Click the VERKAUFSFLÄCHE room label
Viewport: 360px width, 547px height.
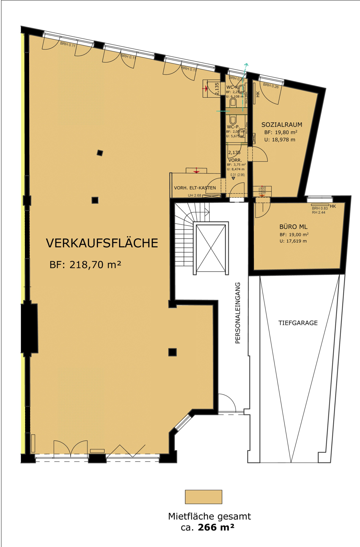point(102,243)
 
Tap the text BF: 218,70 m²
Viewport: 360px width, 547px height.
point(85,265)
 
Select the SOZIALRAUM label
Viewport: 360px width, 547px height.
point(281,125)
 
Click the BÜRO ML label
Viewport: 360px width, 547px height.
point(293,227)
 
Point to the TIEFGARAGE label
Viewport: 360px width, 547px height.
point(298,323)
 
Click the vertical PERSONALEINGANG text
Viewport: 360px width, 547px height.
point(238,313)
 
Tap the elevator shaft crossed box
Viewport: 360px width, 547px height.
point(211,248)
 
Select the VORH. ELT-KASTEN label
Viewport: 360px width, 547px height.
point(195,188)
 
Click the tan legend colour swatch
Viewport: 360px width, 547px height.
point(203,497)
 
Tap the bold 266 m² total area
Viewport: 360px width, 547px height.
point(216,527)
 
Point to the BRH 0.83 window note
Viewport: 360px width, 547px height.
point(319,208)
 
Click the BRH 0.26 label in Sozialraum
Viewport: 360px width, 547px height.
point(271,86)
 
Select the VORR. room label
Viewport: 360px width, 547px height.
point(235,160)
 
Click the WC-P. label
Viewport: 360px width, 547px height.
point(233,127)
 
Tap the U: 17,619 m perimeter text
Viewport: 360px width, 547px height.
point(293,241)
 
